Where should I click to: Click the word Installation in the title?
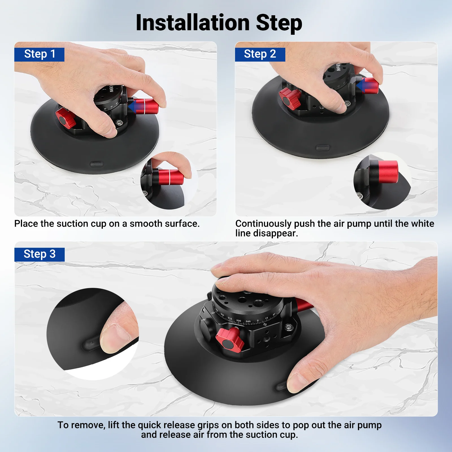click(x=193, y=23)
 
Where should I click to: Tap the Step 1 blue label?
click(x=39, y=54)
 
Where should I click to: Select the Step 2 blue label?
click(x=260, y=54)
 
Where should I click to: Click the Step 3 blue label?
click(x=39, y=254)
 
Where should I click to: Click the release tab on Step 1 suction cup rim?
click(x=96, y=164)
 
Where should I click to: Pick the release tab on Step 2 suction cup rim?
click(x=322, y=148)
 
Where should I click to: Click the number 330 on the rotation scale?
click(x=239, y=321)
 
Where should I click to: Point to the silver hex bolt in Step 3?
click(x=288, y=327)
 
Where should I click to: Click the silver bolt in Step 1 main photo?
click(x=119, y=123)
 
